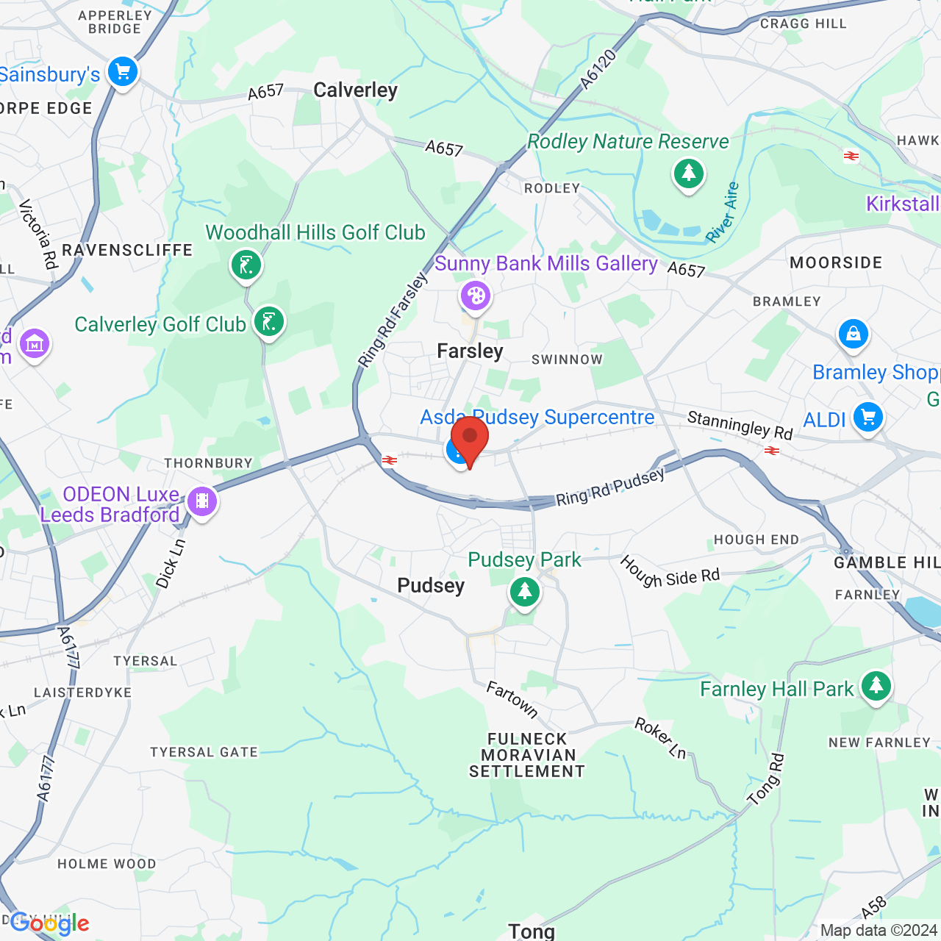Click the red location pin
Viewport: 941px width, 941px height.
[470, 438]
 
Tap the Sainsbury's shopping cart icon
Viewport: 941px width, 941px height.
[122, 72]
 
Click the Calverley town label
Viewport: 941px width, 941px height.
[355, 90]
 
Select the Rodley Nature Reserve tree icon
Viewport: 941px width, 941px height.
[688, 174]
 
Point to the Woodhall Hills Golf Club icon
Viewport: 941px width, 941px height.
[246, 264]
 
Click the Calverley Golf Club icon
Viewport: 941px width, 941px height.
[269, 322]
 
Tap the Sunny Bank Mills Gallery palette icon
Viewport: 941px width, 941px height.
[476, 296]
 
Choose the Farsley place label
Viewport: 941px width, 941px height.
[470, 351]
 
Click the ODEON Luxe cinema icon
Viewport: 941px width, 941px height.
[202, 502]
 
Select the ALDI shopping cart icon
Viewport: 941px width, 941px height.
[867, 418]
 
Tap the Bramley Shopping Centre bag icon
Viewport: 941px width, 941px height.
[853, 334]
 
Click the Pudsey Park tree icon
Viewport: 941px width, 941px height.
[525, 591]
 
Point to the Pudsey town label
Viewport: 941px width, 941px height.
[431, 586]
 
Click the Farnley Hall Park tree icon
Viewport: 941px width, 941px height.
[875, 686]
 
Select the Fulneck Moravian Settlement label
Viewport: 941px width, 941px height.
[527, 755]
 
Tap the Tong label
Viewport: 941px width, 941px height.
[532, 931]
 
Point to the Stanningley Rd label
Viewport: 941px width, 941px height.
[740, 426]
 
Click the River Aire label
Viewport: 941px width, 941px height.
[722, 213]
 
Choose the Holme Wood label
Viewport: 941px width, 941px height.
[107, 864]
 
